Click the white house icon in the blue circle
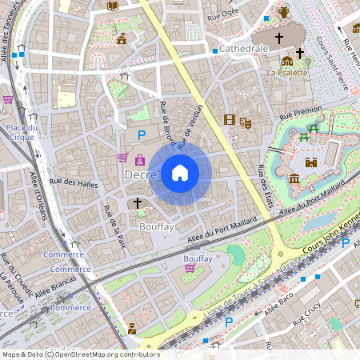(180, 173)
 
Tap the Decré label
(139, 174)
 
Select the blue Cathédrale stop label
(244, 49)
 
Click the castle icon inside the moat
(310, 162)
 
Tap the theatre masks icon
(246, 122)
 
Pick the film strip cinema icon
(230, 121)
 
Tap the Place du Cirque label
(22, 132)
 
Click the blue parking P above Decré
(142, 136)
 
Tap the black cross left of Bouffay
(138, 204)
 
